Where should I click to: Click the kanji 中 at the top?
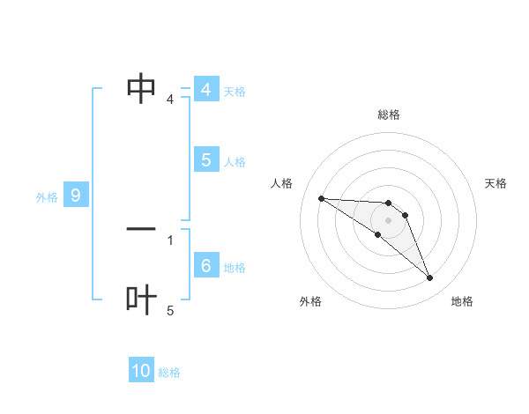[141, 88]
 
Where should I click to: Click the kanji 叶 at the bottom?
[141, 299]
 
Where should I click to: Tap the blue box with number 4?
[205, 90]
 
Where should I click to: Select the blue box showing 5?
[205, 160]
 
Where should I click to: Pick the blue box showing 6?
[205, 266]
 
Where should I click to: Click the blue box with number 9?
[76, 196]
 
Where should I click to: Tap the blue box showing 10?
[141, 371]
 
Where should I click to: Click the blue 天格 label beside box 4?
[235, 92]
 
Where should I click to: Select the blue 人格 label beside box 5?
[235, 162]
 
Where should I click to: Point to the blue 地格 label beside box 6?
[235, 268]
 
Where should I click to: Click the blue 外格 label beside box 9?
[47, 197]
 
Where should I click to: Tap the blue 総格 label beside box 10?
[169, 373]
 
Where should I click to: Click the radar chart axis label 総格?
[389, 115]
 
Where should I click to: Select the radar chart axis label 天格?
[496, 183]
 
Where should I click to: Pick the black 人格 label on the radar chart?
[281, 183]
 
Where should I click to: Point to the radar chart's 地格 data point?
[430, 278]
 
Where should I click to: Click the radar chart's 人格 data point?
[322, 198]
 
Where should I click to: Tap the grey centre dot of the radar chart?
[389, 220]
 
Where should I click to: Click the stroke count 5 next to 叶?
[170, 311]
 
